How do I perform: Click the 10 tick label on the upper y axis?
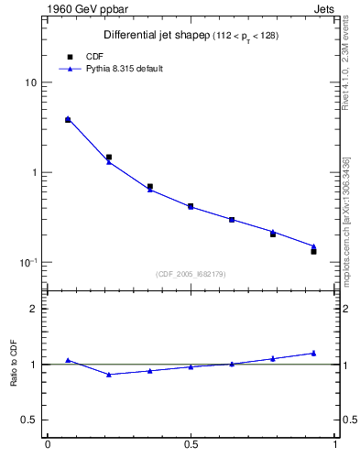click(31, 83)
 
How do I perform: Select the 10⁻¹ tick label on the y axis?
click(27, 262)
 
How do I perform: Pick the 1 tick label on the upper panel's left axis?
click(34, 173)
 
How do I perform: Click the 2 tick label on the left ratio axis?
click(34, 309)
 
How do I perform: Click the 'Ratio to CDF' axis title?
click(14, 364)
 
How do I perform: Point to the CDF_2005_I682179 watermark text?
click(191, 274)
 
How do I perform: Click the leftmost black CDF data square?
click(68, 120)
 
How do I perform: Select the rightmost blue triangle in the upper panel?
click(313, 246)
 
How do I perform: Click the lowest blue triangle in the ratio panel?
click(109, 374)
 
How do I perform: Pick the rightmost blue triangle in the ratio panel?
click(313, 353)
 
